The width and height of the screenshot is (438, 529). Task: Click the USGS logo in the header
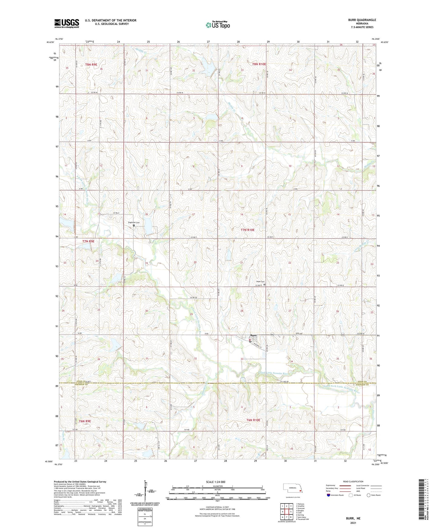tap(67, 23)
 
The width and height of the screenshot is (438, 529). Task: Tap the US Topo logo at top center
tap(217, 25)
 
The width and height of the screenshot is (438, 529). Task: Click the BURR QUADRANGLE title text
tap(362, 20)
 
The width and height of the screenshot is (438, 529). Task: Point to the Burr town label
tap(253, 335)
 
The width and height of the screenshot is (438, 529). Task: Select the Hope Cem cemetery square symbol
tap(264, 285)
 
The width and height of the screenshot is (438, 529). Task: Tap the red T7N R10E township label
tap(248, 230)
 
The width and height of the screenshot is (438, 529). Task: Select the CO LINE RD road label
tap(284, 381)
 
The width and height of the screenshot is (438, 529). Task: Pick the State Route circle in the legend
tap(368, 495)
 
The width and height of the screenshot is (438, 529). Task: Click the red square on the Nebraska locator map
tap(300, 491)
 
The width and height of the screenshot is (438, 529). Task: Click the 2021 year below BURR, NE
tap(353, 523)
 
